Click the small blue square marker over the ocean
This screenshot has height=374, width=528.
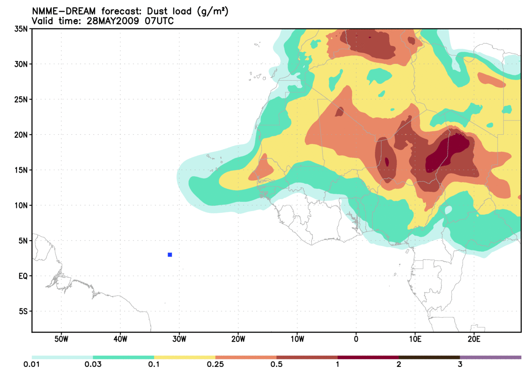point(170,255)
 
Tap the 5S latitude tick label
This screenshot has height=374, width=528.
point(23,312)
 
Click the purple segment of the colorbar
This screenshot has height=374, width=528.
point(490,357)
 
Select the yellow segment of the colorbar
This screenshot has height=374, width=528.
point(184,357)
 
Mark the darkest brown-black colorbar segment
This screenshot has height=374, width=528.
point(429,357)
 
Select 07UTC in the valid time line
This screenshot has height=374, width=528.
point(158,21)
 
